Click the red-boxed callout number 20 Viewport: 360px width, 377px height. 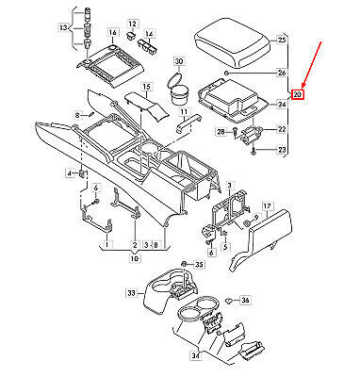point(297,93)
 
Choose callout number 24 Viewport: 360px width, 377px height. point(282,106)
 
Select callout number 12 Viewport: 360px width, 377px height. point(132,22)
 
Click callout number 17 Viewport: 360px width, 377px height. point(267,204)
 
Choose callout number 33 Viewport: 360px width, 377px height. point(131,293)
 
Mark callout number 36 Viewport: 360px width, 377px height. point(245,300)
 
